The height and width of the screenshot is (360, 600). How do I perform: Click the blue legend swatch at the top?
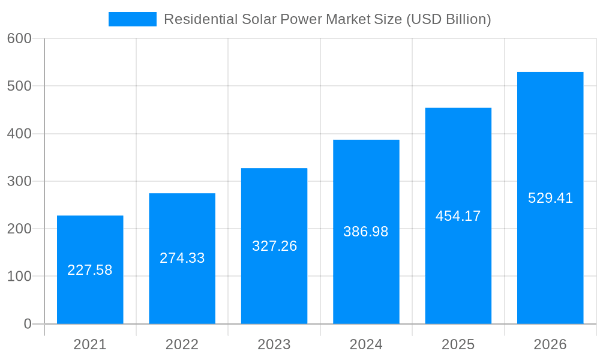(x=132, y=19)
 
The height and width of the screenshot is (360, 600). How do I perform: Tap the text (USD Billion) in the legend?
(x=449, y=19)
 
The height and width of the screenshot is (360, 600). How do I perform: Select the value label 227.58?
(x=90, y=270)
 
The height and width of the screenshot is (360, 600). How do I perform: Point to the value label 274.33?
(x=182, y=258)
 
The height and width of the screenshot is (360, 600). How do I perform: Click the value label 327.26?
(x=274, y=246)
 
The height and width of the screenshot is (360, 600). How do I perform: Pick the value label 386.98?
(x=366, y=232)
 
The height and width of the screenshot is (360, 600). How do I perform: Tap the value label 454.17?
(x=458, y=216)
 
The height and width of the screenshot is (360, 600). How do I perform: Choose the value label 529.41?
(x=550, y=198)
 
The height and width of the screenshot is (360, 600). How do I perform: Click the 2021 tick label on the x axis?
(x=90, y=344)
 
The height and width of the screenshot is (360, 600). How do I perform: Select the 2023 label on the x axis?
(x=274, y=344)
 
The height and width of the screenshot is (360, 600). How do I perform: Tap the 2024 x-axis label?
(x=366, y=344)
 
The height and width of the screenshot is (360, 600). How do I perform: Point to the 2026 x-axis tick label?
(x=550, y=344)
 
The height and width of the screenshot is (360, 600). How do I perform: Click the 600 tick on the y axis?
(x=19, y=38)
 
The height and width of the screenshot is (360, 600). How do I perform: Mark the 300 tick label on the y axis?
(x=19, y=181)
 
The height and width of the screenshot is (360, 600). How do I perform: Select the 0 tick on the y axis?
(x=28, y=324)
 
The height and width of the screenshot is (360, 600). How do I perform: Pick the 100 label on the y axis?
(x=19, y=277)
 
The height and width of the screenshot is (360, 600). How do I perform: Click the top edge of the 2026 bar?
(x=550, y=73)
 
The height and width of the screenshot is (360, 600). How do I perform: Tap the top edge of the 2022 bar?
(x=182, y=194)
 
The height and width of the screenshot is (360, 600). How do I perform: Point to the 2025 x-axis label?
(x=458, y=344)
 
